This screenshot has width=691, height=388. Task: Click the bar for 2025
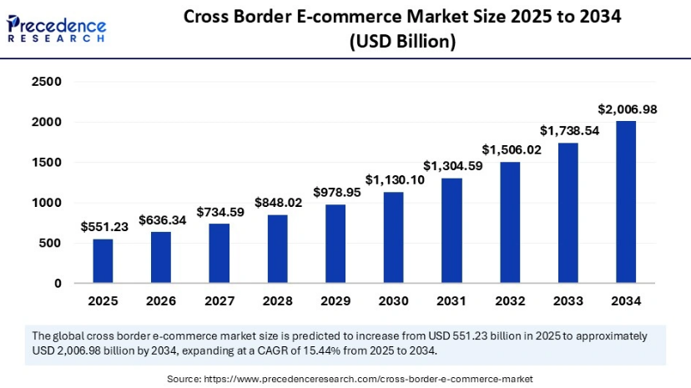(103, 260)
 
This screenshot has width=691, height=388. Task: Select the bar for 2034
(625, 202)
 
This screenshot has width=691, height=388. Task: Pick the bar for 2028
(277, 249)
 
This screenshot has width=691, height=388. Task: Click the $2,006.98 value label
(625, 109)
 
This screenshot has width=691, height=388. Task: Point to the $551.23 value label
(103, 226)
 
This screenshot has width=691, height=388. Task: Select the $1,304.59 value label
(451, 165)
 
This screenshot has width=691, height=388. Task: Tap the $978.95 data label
(335, 192)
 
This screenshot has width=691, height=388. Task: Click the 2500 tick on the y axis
(47, 82)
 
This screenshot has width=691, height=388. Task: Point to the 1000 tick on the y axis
(47, 203)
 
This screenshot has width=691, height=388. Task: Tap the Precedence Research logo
(57, 25)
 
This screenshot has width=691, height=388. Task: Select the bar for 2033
(567, 213)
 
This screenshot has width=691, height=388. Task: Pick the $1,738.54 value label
(567, 130)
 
